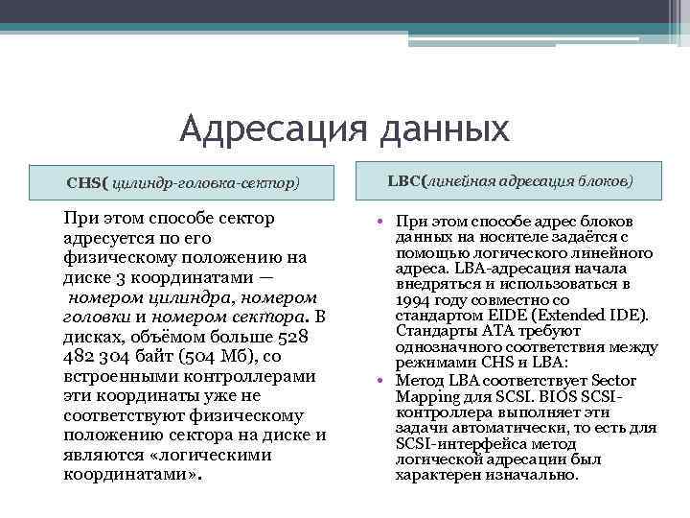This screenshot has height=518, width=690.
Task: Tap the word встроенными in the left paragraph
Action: tap(116, 376)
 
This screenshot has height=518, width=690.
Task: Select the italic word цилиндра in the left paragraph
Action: tap(193, 297)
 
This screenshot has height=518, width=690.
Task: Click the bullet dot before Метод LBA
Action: tap(380, 381)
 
